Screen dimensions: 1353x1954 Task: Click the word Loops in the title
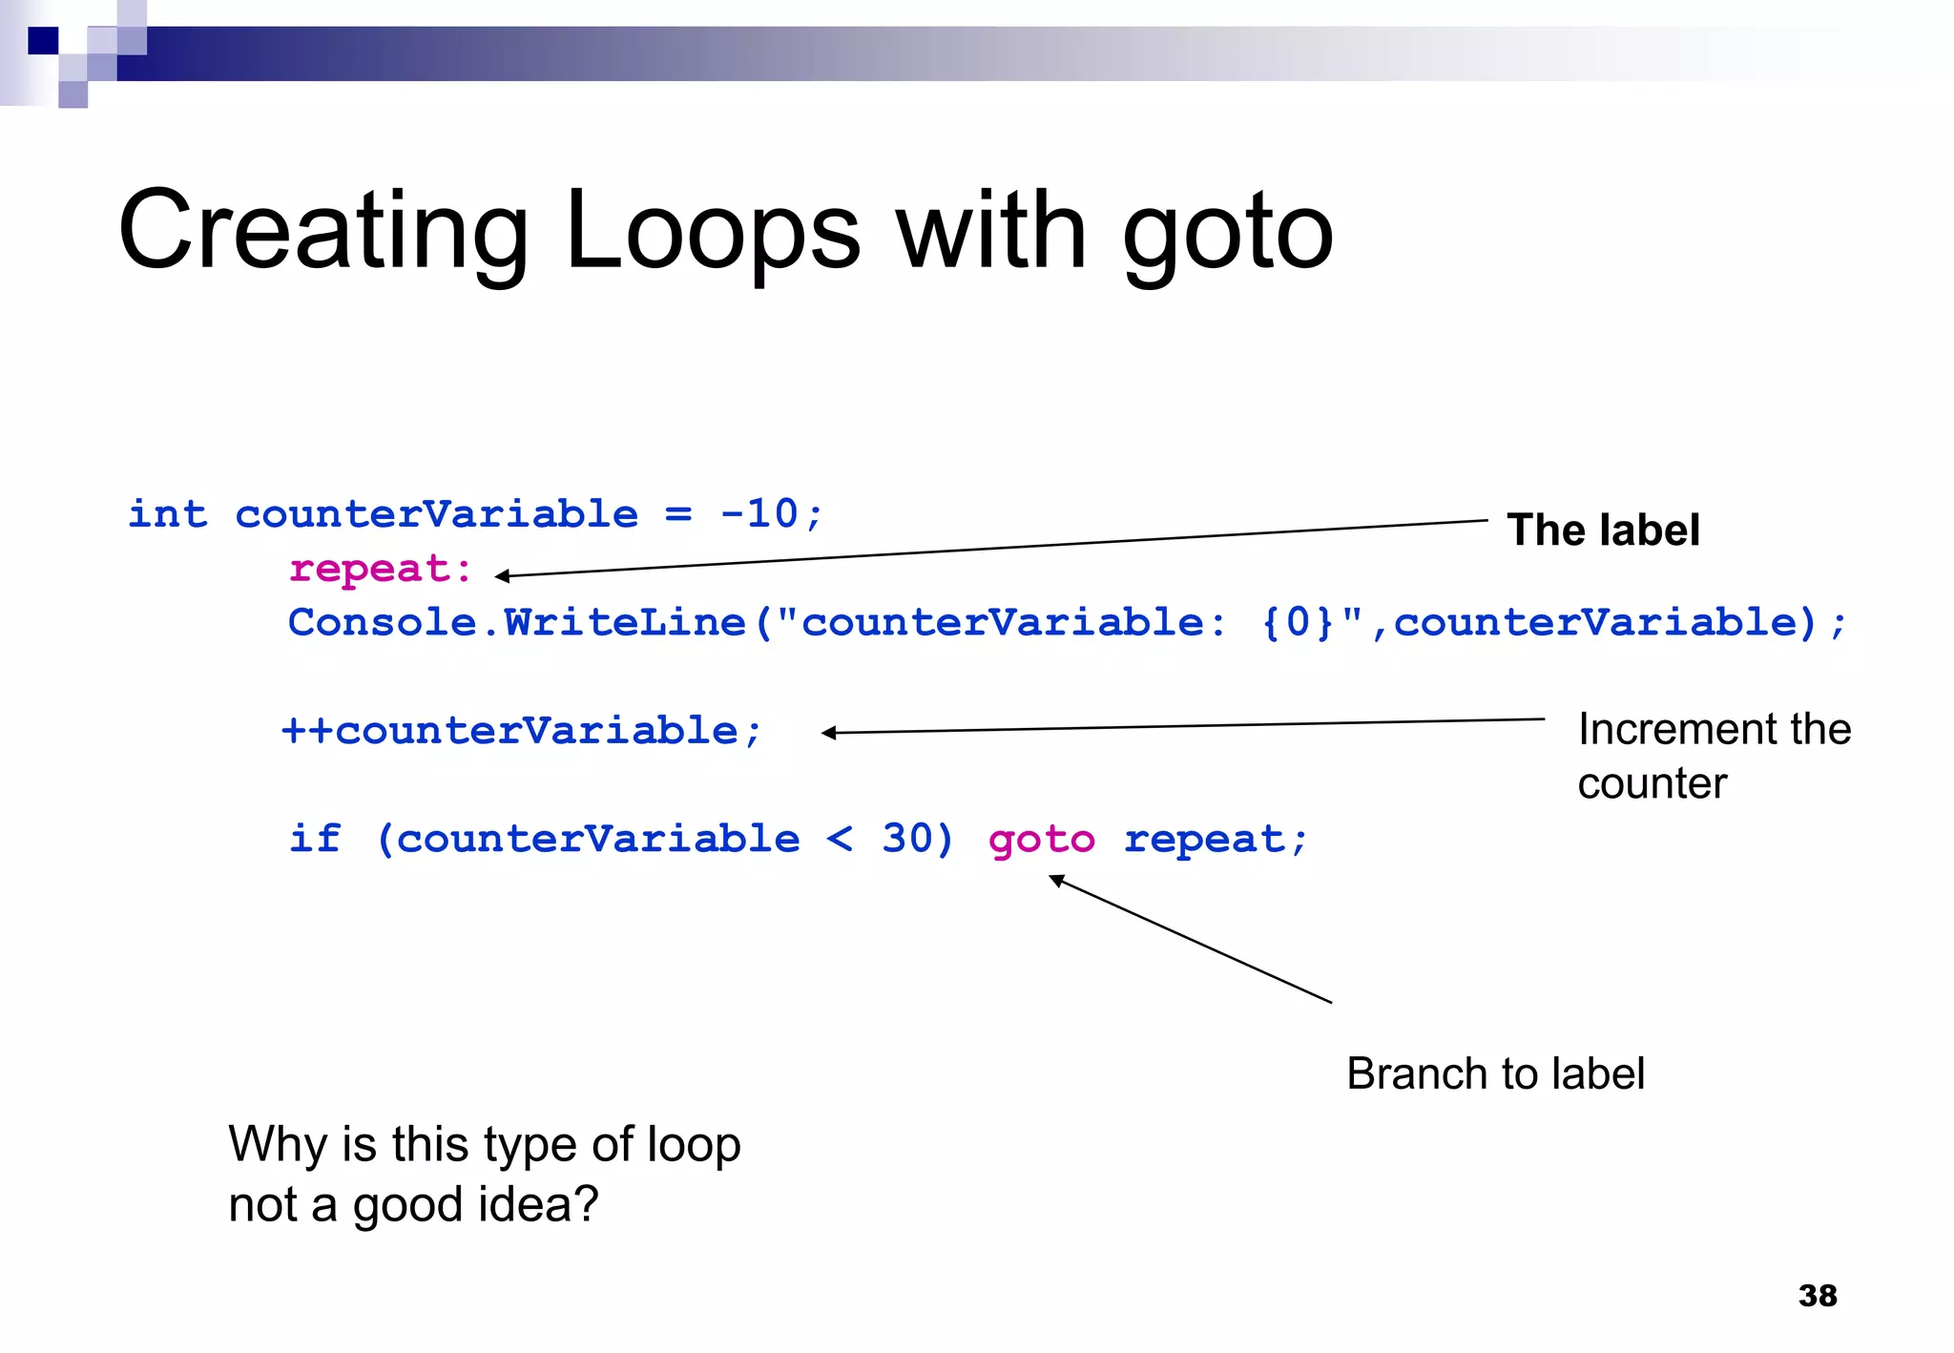(712, 232)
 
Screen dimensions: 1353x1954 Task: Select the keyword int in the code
(168, 514)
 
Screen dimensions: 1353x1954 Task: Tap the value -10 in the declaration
(760, 514)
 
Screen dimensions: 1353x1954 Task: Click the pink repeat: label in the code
(381, 569)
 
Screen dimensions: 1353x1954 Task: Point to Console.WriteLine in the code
(516, 623)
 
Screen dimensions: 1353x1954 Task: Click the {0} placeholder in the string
(1297, 623)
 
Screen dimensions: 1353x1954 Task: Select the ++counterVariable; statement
(522, 731)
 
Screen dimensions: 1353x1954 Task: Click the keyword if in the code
(315, 839)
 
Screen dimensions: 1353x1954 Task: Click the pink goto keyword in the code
(1041, 840)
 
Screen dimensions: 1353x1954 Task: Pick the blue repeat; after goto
(1215, 840)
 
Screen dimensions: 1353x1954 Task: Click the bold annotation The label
(1603, 531)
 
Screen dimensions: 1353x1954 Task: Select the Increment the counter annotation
(1714, 756)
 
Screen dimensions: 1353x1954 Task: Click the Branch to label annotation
(1495, 1073)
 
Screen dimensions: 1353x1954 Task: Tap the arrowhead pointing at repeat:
(502, 575)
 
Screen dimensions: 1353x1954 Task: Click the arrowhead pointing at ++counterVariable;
(828, 733)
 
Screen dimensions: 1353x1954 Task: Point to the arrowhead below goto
(1055, 880)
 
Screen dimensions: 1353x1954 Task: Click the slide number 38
(1817, 1296)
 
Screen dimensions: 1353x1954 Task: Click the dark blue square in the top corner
(43, 40)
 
